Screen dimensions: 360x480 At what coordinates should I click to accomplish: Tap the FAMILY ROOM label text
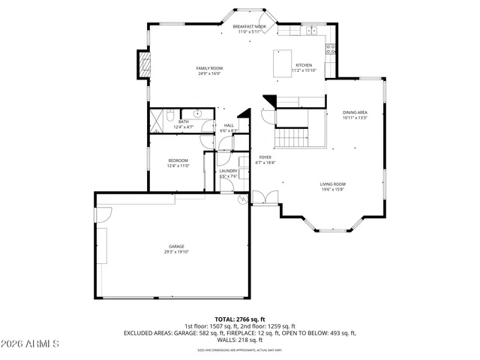[210, 68]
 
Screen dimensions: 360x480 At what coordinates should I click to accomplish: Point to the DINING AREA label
[355, 112]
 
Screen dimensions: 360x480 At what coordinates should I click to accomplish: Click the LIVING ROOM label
[332, 184]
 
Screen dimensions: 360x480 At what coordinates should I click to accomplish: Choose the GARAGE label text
[176, 247]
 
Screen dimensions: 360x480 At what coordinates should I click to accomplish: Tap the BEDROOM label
[178, 160]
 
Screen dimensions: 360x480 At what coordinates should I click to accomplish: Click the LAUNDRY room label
[229, 171]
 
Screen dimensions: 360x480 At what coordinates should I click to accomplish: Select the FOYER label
[265, 157]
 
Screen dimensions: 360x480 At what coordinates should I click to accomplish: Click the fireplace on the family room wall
[141, 65]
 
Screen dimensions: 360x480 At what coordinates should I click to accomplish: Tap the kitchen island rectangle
[282, 63]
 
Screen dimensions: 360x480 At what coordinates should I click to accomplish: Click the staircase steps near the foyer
[292, 138]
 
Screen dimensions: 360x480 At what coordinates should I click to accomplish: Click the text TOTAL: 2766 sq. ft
[239, 319]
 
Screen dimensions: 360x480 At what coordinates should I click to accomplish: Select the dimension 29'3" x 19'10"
[176, 252]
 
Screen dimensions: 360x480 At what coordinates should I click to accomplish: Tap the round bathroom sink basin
[196, 114]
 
